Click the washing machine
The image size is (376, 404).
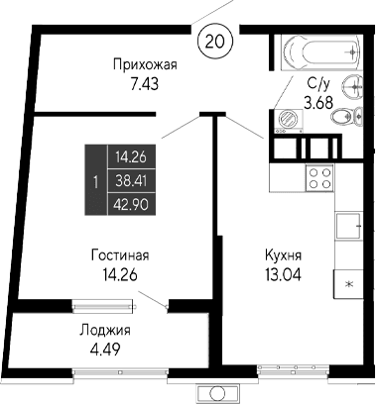click(289, 118)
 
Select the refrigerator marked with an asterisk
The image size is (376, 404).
click(348, 282)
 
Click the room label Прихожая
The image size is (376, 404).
click(144, 65)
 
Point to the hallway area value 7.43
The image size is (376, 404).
click(144, 84)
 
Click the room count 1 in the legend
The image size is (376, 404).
click(93, 181)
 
